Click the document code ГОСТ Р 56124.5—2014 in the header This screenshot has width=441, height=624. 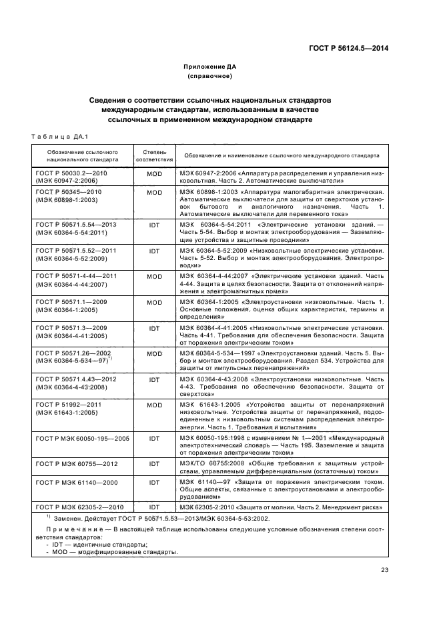pyautogui.click(x=349, y=47)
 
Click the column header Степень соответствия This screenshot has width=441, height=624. pyautogui.click(x=154, y=156)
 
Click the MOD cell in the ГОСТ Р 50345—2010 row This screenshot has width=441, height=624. pyautogui.click(x=154, y=192)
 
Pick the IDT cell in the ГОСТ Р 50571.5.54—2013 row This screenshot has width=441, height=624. pyautogui.click(x=154, y=225)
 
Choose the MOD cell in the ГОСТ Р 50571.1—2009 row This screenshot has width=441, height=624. pyautogui.click(x=154, y=302)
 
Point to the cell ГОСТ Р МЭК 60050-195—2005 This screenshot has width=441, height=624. pyautogui.click(x=81, y=439)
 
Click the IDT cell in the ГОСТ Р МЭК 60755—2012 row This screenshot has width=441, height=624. pyautogui.click(x=154, y=464)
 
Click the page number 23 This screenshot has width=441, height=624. pyautogui.click(x=384, y=569)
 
